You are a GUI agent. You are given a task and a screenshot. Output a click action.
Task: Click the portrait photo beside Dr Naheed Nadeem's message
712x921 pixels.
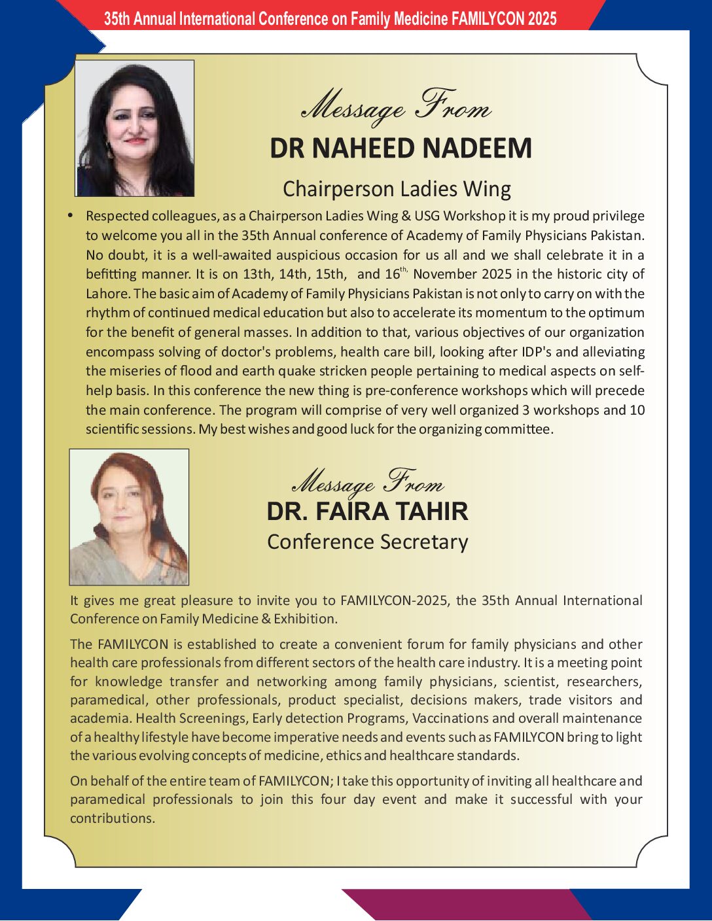pos(135,128)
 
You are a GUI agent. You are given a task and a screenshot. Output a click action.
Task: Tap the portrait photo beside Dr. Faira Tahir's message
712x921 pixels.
pos(129,517)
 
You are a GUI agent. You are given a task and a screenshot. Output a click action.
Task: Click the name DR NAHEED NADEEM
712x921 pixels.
pos(400,148)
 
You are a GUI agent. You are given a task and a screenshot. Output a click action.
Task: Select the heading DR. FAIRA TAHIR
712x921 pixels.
pos(367,512)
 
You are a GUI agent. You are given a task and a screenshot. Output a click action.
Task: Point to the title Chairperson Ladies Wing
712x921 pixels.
pos(397,189)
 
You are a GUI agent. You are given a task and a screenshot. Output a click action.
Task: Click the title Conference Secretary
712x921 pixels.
pos(367,542)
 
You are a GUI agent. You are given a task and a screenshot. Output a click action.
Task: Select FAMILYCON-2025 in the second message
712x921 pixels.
pos(395,600)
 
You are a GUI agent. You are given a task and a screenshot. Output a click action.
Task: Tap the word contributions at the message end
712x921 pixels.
pos(112,818)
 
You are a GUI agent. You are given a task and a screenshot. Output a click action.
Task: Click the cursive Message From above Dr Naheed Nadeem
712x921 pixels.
pos(397,107)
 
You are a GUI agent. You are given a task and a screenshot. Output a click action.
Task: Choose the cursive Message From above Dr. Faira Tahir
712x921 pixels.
pos(367,483)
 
